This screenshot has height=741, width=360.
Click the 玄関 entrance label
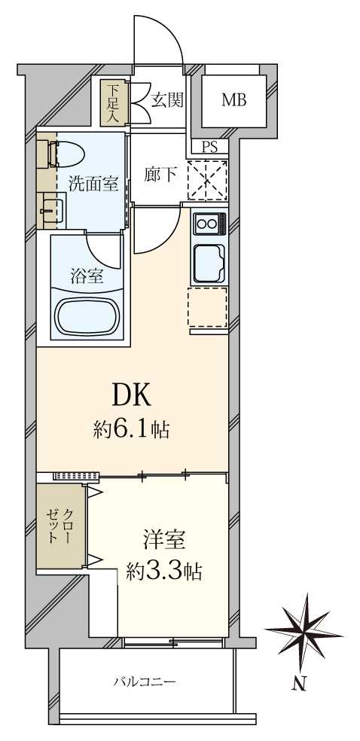point(166,99)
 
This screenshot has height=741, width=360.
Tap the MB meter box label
point(233,99)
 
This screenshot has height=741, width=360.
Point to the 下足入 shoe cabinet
point(113,103)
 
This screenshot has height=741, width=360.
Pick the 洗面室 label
point(93,182)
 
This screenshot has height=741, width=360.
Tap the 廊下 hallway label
point(160,175)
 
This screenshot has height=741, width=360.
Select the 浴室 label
point(87,276)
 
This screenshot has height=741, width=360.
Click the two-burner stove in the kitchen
point(209,224)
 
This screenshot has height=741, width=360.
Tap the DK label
point(133,394)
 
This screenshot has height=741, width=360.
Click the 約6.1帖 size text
point(131,430)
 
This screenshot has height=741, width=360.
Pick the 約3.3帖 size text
point(164,572)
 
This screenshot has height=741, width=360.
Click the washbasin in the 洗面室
point(51,211)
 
